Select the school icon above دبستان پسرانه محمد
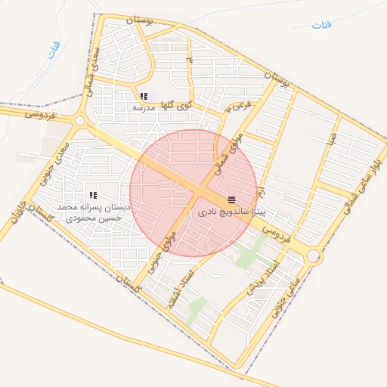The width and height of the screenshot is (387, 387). tap(93, 196)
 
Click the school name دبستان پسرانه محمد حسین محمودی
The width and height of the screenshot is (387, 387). tap(94, 212)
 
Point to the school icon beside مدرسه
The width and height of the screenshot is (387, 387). tap(142, 96)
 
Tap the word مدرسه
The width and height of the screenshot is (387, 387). tap(143, 107)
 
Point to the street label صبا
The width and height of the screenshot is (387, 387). tap(330, 139)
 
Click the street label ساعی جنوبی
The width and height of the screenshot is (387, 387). tap(281, 296)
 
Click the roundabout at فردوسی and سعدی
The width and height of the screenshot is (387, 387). tap(79, 119)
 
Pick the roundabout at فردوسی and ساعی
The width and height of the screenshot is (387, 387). tap(313, 257)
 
